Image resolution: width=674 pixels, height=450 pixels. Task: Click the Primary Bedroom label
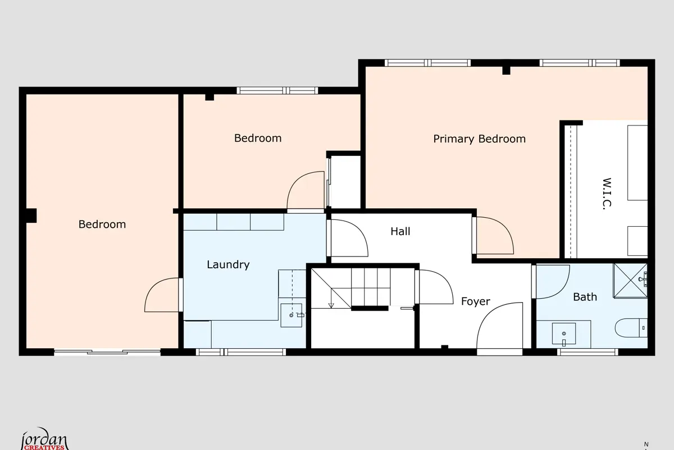click(x=479, y=139)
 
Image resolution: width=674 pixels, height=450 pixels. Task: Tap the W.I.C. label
click(x=607, y=194)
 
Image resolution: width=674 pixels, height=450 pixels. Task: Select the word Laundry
click(x=228, y=264)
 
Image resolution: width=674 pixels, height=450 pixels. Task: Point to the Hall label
click(x=400, y=231)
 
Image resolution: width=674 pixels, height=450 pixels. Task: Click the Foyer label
click(x=475, y=301)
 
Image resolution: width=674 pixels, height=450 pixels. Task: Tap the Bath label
click(x=585, y=297)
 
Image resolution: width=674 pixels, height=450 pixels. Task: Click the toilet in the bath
click(x=631, y=327)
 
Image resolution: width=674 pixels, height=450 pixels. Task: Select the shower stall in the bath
click(x=630, y=280)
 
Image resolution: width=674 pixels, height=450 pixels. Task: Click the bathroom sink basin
click(x=564, y=334)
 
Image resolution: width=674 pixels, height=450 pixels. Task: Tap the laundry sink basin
click(x=292, y=315)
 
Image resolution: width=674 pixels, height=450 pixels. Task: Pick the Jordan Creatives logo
click(x=44, y=439)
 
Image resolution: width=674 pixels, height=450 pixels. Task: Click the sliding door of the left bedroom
click(x=107, y=352)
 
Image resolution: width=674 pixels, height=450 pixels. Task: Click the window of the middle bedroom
click(x=277, y=91)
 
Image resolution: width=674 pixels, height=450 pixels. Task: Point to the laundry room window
click(x=241, y=352)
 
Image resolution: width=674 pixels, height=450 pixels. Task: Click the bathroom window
click(x=588, y=352)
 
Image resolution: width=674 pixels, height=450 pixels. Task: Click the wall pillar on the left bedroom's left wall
click(x=31, y=216)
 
